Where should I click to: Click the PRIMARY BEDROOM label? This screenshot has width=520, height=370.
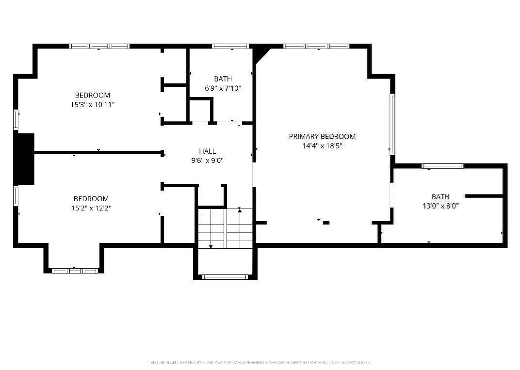322,136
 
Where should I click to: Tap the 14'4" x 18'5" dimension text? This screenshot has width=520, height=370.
322,145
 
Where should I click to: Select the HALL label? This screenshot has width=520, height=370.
207,151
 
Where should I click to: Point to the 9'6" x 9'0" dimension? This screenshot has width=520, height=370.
207,161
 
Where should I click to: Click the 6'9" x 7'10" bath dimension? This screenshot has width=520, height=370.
223,88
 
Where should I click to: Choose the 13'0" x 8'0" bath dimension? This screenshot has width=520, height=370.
440,206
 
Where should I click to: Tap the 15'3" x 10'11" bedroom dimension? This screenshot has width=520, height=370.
93,105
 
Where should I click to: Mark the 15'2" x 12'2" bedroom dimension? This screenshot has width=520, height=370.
91,208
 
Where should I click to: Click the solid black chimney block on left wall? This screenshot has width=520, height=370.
24,159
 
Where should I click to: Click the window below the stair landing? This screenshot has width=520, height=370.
225,277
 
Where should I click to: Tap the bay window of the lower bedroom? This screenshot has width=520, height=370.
74,271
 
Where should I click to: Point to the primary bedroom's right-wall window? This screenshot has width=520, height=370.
392,124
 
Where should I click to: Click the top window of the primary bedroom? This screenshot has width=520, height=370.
317,46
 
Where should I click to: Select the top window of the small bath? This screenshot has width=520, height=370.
230,46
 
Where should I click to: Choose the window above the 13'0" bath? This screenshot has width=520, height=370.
442,166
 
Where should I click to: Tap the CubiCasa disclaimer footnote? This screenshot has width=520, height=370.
260,362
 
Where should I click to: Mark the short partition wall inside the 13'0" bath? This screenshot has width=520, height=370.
484,196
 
